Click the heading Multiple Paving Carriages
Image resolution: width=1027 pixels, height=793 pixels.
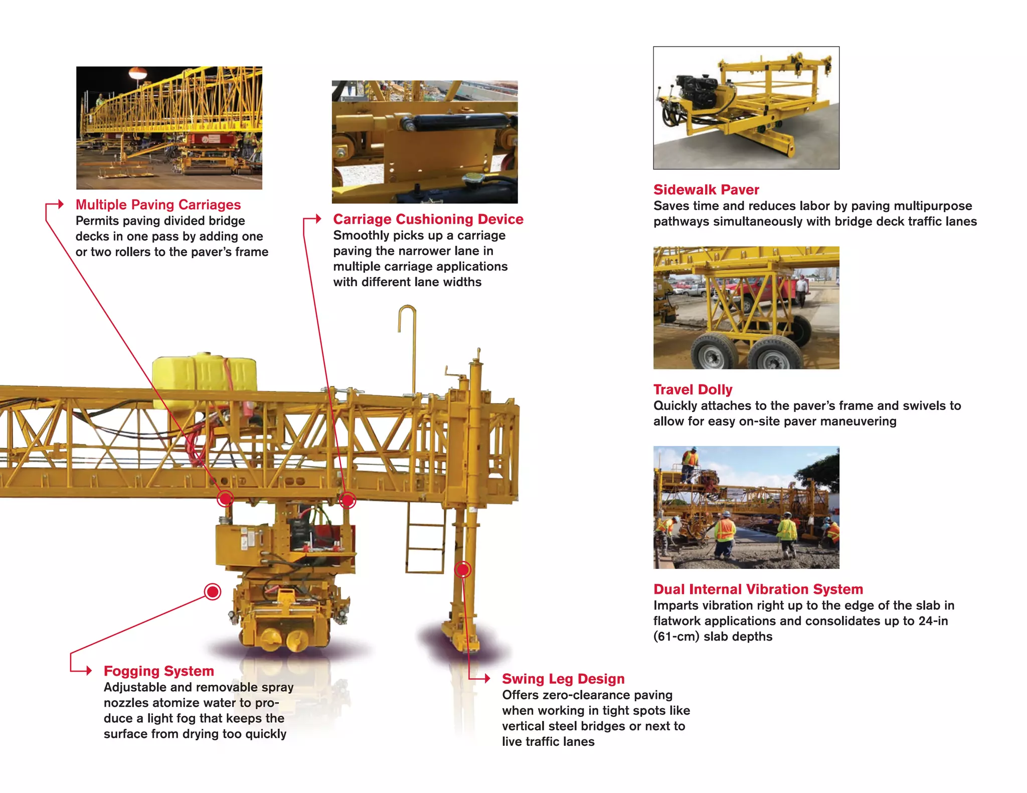[x=158, y=205]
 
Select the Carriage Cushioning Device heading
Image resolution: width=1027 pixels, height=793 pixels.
[x=428, y=219]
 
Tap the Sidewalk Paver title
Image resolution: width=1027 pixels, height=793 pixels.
[x=706, y=189]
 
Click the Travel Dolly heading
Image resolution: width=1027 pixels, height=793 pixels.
[x=693, y=389]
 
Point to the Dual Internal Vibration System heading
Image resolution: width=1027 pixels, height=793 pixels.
[x=758, y=589]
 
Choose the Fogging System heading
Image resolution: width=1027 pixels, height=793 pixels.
[x=158, y=671]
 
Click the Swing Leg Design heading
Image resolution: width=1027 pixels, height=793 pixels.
[x=563, y=679]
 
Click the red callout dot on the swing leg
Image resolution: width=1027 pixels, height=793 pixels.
[x=462, y=569]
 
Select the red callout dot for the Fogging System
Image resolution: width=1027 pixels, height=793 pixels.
[x=213, y=592]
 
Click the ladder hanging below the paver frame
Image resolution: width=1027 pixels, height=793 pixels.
[x=425, y=539]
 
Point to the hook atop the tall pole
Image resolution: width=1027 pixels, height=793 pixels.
[x=407, y=316]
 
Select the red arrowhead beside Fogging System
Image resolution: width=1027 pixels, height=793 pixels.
[x=89, y=671]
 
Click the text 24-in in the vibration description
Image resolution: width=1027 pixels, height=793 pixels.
[x=933, y=621]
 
